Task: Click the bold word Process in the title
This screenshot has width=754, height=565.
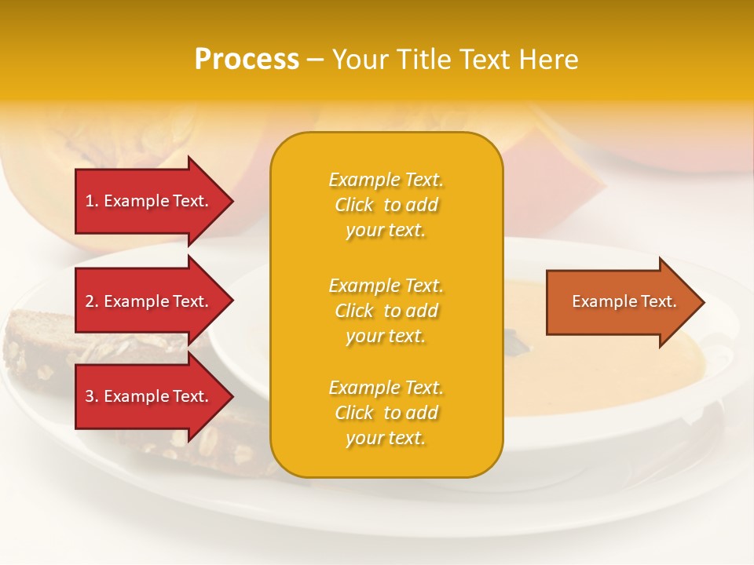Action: pos(247,60)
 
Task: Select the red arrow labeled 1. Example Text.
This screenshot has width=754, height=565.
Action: pos(149,201)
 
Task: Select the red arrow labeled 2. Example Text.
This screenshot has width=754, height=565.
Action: pos(149,301)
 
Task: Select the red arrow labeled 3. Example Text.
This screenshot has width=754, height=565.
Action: pos(149,396)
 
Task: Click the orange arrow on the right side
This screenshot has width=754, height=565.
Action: pos(620,302)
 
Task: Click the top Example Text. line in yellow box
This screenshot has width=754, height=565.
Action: pos(386,180)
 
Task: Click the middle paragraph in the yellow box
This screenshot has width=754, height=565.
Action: pos(386,311)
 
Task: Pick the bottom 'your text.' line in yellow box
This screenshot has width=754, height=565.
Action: pos(386,439)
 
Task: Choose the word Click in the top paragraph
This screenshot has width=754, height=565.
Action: pos(354,205)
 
